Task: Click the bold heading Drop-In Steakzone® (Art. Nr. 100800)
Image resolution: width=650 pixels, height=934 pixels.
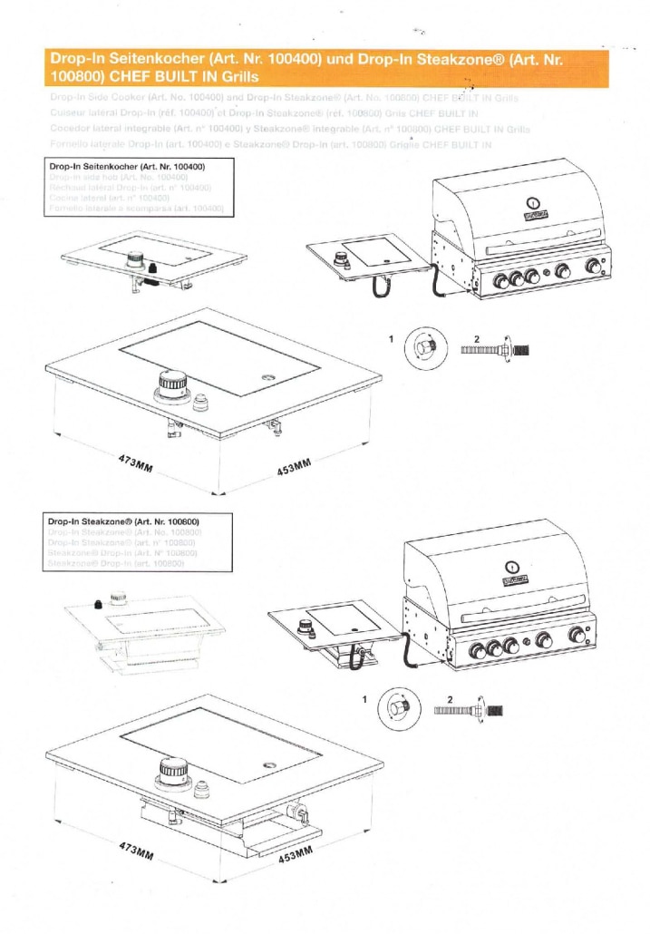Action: [123, 522]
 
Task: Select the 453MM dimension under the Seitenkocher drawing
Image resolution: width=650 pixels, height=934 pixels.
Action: [294, 469]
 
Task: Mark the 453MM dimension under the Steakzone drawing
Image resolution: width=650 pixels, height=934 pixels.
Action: [294, 855]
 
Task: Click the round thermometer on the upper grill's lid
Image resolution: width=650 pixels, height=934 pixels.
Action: [534, 203]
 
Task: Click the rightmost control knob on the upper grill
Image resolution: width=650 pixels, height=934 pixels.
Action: [595, 266]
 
